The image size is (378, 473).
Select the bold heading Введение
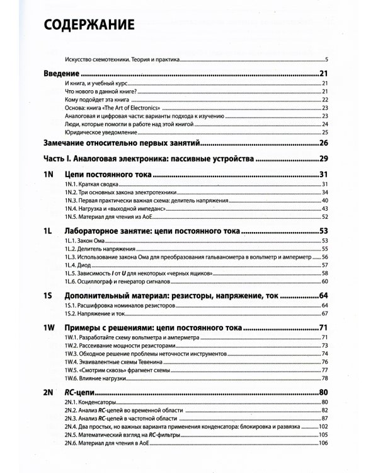tap(62, 74)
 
